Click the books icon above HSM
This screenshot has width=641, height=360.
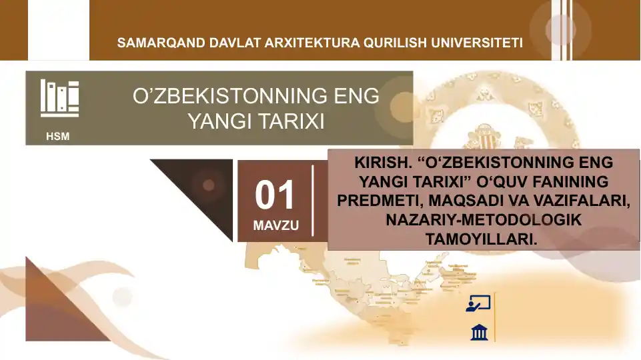click(x=59, y=99)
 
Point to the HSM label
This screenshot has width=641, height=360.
click(x=57, y=137)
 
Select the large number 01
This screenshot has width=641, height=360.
click(x=275, y=195)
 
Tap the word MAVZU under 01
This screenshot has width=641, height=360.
click(x=275, y=226)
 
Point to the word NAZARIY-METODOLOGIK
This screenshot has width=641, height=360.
click(x=484, y=219)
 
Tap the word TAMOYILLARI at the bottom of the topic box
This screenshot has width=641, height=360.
click(x=481, y=239)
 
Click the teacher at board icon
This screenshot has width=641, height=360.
click(x=478, y=303)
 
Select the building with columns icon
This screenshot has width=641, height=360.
click(x=479, y=332)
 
